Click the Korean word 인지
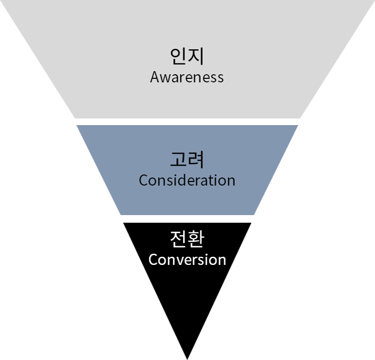pyautogui.click(x=187, y=56)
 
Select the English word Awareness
pyautogui.click(x=187, y=77)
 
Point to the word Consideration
pyautogui.click(x=187, y=181)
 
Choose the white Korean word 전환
pyautogui.click(x=187, y=238)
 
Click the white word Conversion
pyautogui.click(x=187, y=260)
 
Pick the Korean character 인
pyautogui.click(x=178, y=56)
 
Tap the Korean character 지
pyautogui.click(x=196, y=56)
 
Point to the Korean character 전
pyautogui.click(x=178, y=238)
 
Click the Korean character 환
pyautogui.click(x=196, y=238)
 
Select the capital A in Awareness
pyautogui.click(x=155, y=77)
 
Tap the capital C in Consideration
pyautogui.click(x=143, y=181)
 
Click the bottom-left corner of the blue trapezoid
pyautogui.click(x=120, y=215)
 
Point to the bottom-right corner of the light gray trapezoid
pyautogui.click(x=300, y=118)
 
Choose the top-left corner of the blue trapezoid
pyautogui.click(x=76, y=125)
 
